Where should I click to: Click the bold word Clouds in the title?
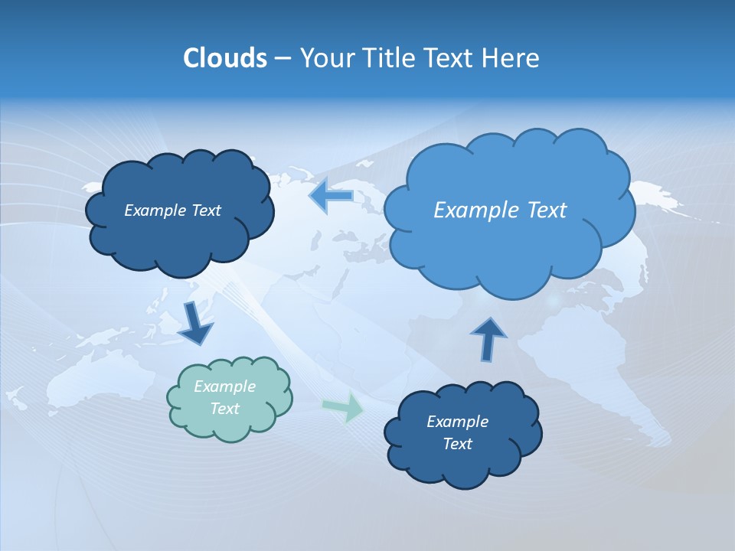point(224,58)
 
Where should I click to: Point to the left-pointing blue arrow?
point(330,195)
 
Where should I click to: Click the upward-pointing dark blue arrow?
point(488,337)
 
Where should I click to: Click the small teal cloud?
point(230,398)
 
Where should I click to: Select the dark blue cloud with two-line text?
point(462,433)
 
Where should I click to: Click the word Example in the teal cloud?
point(224,386)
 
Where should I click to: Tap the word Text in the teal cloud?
point(224,409)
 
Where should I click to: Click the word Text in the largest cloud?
point(543,210)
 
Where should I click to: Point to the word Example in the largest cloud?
point(472,210)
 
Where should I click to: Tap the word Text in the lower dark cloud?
point(457,444)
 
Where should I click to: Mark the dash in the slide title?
point(282,58)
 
